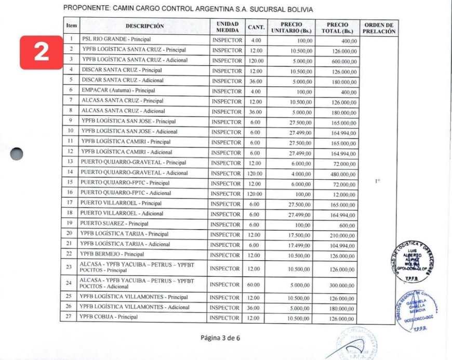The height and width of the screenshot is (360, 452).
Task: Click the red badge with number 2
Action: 42,52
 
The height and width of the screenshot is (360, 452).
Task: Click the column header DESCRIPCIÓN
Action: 144,26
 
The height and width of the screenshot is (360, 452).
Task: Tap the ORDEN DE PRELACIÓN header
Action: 379,28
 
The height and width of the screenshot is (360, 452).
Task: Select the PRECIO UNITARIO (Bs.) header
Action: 293,28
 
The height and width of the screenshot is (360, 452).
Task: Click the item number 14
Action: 70,173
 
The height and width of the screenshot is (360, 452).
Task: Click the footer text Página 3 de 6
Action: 221,338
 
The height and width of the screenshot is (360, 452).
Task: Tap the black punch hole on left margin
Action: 17,154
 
